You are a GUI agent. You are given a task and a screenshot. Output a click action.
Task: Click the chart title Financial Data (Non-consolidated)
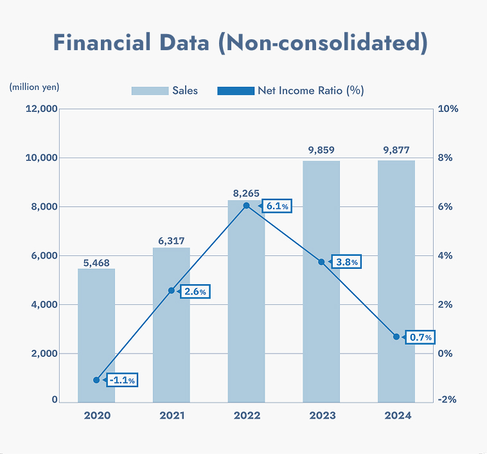click(x=240, y=43)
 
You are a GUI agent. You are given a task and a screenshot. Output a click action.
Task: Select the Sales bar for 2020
click(x=96, y=335)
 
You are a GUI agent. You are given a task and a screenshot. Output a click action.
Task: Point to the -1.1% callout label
click(x=121, y=380)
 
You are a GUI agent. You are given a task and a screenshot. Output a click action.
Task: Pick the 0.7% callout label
click(x=420, y=337)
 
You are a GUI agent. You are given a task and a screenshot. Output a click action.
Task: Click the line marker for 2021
click(x=172, y=291)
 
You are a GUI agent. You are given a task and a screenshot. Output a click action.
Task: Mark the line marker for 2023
click(x=322, y=262)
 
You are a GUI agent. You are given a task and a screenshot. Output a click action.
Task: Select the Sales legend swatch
click(x=149, y=91)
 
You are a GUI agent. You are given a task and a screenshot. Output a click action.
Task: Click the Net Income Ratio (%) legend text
click(x=311, y=91)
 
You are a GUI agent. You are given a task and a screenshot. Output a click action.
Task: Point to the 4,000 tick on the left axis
click(x=43, y=304)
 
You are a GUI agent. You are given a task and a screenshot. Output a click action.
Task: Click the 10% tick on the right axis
click(x=448, y=109)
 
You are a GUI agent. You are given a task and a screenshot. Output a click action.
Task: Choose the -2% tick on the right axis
click(x=447, y=399)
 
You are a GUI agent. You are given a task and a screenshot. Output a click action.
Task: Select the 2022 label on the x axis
click(x=247, y=415)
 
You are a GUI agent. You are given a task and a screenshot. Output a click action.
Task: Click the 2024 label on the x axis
click(x=397, y=415)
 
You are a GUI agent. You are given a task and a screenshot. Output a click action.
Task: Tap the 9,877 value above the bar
click(x=396, y=150)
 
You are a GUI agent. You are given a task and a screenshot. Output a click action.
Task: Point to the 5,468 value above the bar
click(x=96, y=263)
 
